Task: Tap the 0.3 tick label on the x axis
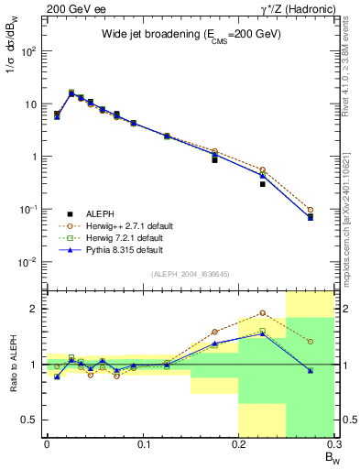334,442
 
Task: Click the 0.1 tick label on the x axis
142,442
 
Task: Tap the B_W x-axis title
329,456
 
